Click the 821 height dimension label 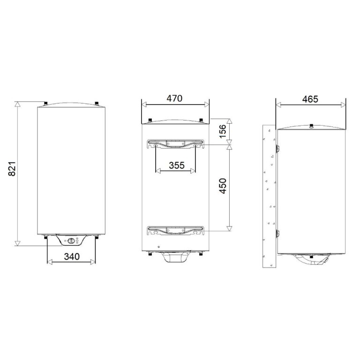12,169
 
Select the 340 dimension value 72,257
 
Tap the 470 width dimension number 174,98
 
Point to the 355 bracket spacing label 177,165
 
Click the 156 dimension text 223,131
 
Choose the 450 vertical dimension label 223,186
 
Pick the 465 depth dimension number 310,99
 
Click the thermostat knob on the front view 71,241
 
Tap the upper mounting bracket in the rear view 176,144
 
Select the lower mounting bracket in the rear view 176,231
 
